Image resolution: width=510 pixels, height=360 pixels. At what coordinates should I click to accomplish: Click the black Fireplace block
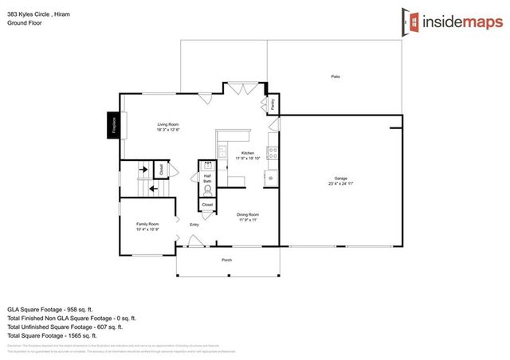pos(113,126)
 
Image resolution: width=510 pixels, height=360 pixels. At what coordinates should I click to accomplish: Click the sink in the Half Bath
pos(207,167)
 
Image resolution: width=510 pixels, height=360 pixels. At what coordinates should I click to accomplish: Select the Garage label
pos(340,180)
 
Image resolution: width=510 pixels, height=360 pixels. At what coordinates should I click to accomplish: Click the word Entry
pos(194,225)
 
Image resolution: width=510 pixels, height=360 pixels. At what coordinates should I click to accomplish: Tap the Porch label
pos(226,260)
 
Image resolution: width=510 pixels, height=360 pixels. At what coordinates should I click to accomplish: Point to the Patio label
pos(335,76)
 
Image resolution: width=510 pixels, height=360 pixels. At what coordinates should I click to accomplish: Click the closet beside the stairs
pos(161,169)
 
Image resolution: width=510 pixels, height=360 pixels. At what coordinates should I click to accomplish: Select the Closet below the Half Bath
pos(207,205)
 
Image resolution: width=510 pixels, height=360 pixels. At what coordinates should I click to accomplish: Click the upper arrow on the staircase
pos(143,169)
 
